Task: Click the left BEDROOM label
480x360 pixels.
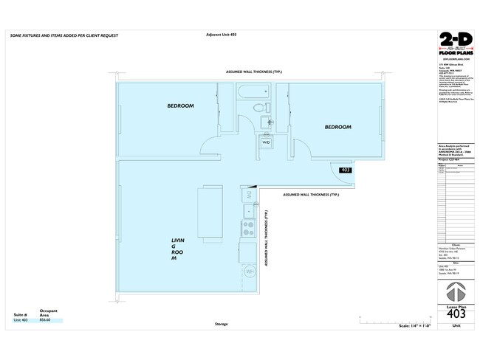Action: [180, 106]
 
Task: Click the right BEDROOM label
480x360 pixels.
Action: [337, 127]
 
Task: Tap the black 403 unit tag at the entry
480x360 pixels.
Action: [345, 170]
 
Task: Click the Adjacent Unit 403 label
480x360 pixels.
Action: [224, 35]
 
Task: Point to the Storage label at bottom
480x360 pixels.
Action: [221, 324]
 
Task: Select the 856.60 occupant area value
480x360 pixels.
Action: [45, 321]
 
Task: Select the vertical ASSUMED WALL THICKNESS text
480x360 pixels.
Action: [266, 236]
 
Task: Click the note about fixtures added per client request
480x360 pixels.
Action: [64, 35]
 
